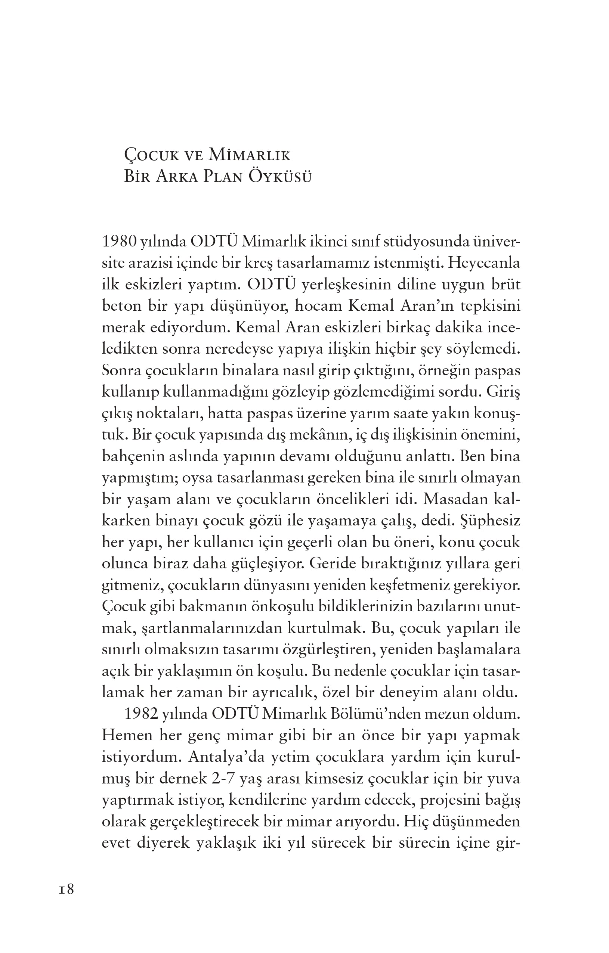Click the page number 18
pyautogui.click(x=67, y=889)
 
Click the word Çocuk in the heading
pyautogui.click(x=150, y=156)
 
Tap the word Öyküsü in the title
pyautogui.click(x=279, y=177)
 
